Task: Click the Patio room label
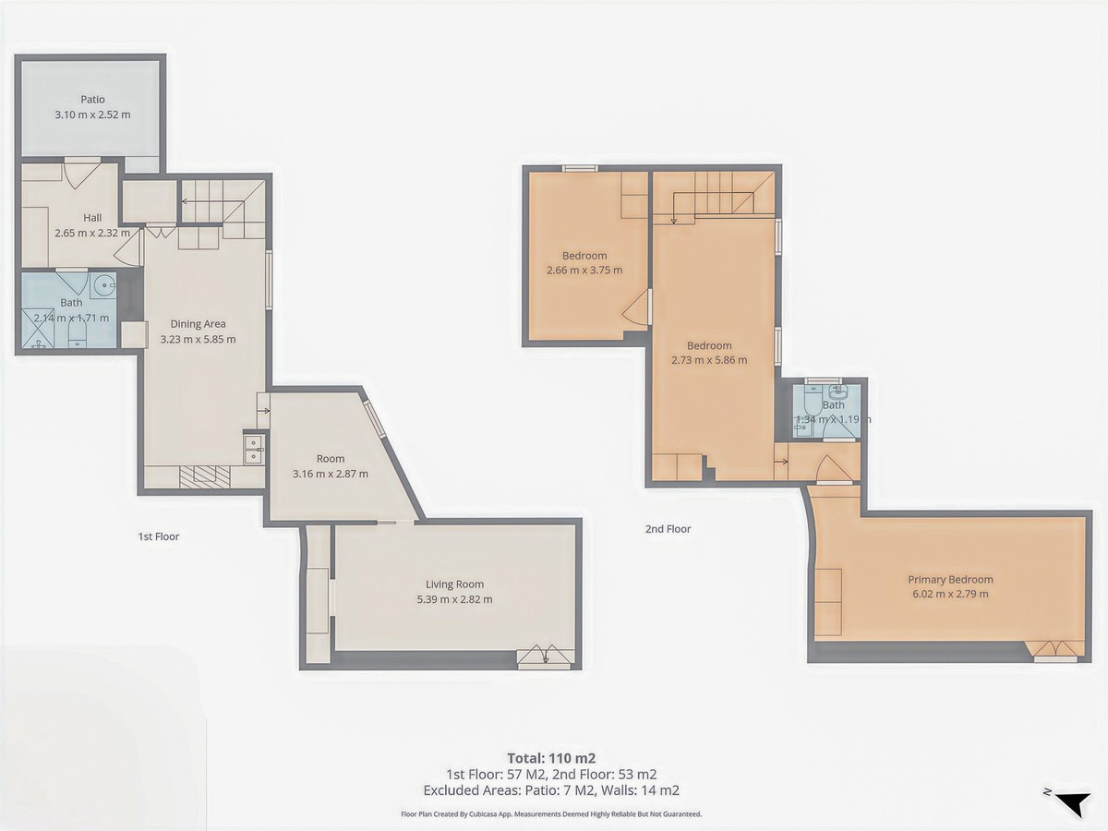tap(91, 100)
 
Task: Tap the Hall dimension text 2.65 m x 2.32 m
tap(92, 234)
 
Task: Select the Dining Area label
tap(198, 324)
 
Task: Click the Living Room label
tap(454, 584)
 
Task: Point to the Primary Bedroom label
tap(950, 580)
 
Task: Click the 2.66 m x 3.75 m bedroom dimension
tap(584, 271)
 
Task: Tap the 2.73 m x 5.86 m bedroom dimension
tap(709, 360)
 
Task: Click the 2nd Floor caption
tap(668, 529)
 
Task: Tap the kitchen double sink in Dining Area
tap(254, 448)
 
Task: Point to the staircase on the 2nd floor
tap(716, 196)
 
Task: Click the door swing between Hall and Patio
tap(81, 173)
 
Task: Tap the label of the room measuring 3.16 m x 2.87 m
tap(330, 459)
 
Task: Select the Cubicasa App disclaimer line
tap(551, 814)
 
